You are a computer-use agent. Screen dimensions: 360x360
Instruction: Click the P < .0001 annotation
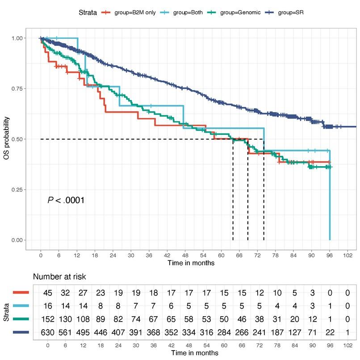66,200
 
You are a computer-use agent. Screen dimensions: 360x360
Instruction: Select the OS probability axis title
6,139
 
